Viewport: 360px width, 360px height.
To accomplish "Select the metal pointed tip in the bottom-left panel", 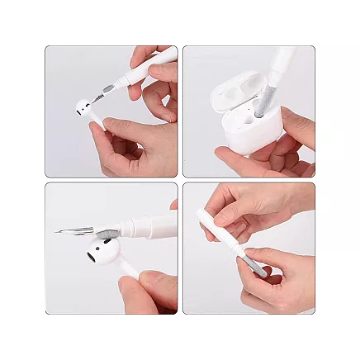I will pos(70,229).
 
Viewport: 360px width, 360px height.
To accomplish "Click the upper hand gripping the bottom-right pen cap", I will pos(248,206).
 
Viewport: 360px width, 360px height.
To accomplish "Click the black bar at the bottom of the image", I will pos(180,339).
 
